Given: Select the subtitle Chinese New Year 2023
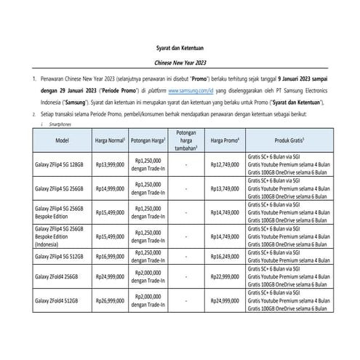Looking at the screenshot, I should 180,64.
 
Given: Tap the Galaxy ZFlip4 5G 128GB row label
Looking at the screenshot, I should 61,164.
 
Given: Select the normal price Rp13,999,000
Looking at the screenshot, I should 111,164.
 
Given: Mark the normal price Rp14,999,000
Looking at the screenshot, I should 111,188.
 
